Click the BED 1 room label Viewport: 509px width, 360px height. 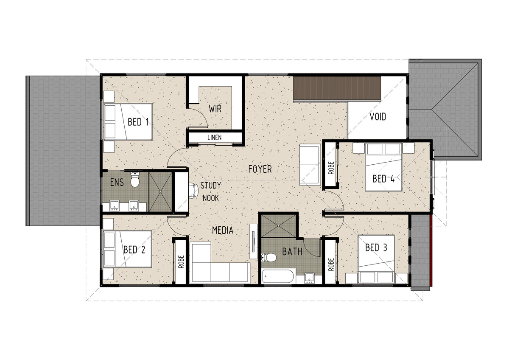[138, 122]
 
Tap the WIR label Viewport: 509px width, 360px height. [215, 109]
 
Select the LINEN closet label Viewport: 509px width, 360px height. [215, 138]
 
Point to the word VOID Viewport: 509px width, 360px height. [378, 117]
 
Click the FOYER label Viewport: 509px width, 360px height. [260, 169]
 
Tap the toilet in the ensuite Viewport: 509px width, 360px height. [135, 180]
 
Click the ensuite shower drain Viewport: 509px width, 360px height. [160, 192]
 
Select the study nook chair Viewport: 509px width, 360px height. [193, 191]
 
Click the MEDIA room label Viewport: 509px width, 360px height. [223, 231]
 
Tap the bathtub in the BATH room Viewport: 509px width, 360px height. [278, 276]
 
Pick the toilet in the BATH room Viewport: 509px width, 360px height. [269, 257]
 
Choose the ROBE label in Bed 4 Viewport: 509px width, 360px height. [331, 168]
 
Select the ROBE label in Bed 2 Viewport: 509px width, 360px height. [181, 262]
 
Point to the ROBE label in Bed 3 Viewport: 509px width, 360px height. [331, 264]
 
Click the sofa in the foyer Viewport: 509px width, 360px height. [310, 165]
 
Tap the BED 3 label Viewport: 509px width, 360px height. [376, 247]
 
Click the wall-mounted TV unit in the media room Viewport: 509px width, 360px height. [254, 241]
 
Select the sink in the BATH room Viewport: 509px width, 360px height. [309, 278]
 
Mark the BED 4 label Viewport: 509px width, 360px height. [383, 179]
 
